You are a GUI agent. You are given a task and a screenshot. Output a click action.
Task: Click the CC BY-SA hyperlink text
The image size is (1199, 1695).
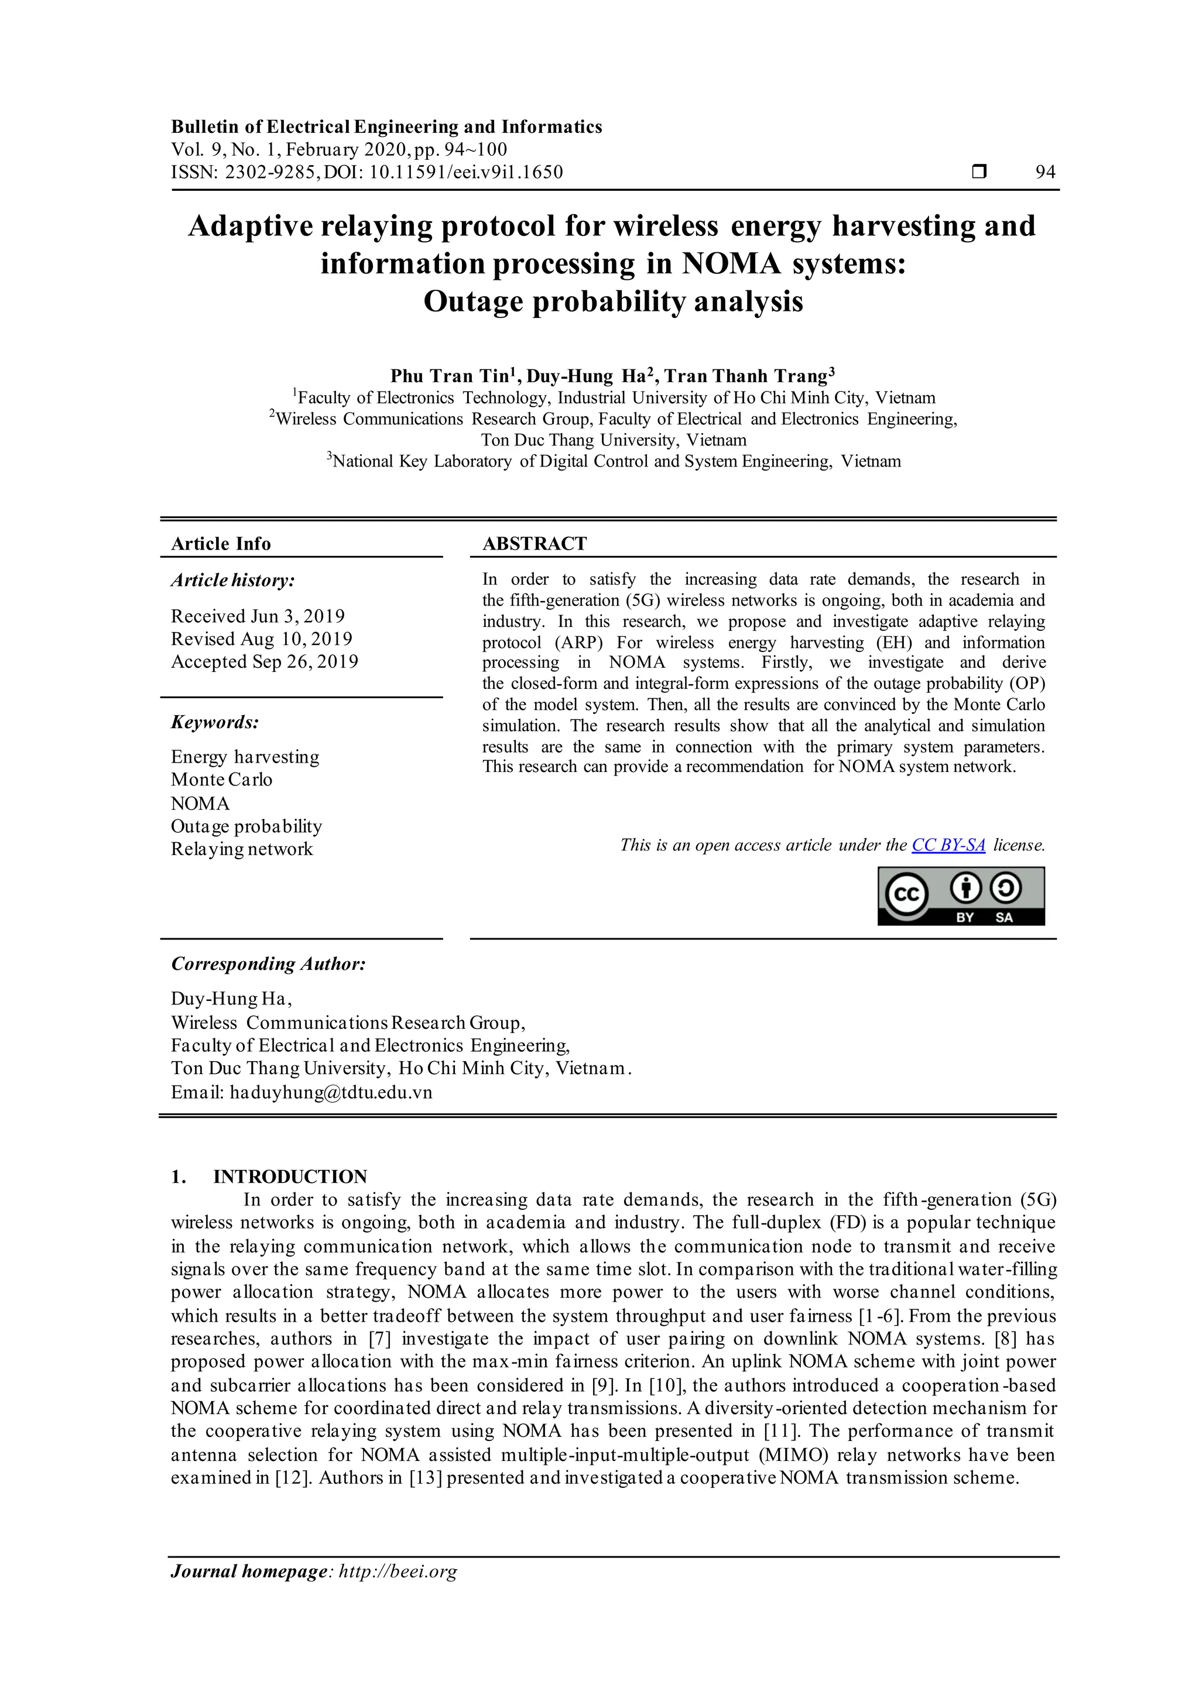[x=948, y=845]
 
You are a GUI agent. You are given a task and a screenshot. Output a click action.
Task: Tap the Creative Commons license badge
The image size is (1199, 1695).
[x=961, y=895]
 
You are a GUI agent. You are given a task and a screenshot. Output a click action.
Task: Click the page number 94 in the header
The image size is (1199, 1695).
[x=1046, y=172]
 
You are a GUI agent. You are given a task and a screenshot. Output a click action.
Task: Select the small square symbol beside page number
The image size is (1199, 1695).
[x=979, y=172]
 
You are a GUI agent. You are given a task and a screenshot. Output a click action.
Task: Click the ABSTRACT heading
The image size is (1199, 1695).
[x=534, y=544]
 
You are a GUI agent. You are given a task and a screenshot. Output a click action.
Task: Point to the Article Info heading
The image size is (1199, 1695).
[x=221, y=544]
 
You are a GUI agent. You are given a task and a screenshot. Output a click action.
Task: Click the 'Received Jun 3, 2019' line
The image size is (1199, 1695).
[x=258, y=616]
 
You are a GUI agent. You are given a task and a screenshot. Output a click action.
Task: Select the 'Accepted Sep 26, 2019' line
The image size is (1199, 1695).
[x=264, y=661]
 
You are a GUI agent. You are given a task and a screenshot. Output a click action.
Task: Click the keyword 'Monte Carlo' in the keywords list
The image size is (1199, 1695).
[x=221, y=780]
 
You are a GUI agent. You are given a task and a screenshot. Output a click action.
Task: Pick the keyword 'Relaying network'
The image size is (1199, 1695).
[x=241, y=849]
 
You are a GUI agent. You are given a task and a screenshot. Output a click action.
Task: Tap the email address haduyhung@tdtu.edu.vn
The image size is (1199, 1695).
[x=331, y=1093]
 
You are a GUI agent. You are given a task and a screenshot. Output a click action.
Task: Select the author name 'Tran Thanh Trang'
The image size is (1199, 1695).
[x=746, y=376]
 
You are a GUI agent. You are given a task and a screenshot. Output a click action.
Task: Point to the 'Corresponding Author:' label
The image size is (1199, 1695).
[x=268, y=964]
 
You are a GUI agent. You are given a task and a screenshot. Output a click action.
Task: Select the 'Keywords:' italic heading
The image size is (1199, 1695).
[x=215, y=722]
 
